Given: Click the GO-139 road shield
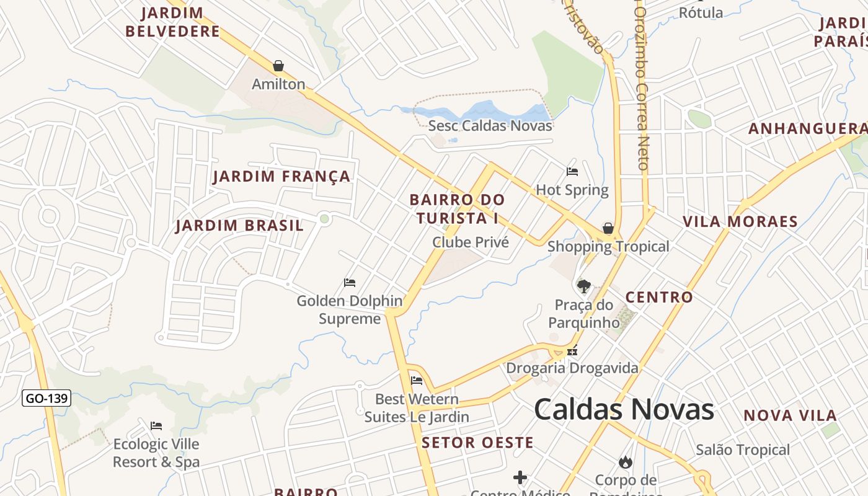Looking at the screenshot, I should coord(46,398).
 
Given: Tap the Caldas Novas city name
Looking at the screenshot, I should coord(624,410).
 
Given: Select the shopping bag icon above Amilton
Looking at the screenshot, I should coord(278,66).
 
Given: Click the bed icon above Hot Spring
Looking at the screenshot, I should coord(572,171).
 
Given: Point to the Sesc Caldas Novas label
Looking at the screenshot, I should coord(490,126).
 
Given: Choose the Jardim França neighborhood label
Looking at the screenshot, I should coord(281,177).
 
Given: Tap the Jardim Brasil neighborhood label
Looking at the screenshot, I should coord(240,225).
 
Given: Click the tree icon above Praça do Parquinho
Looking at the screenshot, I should coord(583,286).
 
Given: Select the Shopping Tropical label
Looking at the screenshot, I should coord(608,247).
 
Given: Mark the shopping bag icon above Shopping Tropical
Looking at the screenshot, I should coord(608,228).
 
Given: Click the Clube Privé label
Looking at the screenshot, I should coord(471,242).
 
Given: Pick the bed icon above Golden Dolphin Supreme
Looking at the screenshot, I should coord(350,283).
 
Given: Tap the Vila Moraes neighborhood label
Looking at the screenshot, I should coord(740,221).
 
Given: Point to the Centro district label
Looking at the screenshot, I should coord(659,297).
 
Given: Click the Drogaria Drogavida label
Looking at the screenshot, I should coord(572,368).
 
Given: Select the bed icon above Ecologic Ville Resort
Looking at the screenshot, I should coord(156,426).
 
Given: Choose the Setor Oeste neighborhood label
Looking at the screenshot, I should coord(477,443).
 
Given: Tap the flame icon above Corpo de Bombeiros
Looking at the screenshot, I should coord(625,462).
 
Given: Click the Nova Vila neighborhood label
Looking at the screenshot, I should coord(790,415).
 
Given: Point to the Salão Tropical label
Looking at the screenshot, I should coord(743,450).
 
